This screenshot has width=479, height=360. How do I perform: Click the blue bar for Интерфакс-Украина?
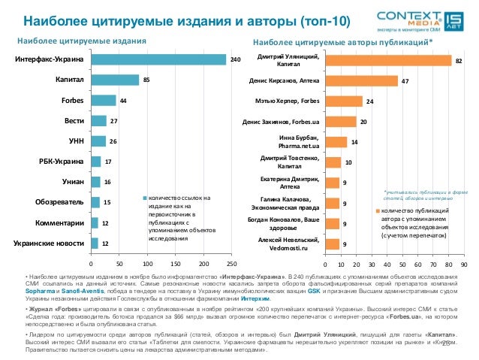(x=158, y=59)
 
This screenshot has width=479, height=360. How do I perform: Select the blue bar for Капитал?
(x=114, y=80)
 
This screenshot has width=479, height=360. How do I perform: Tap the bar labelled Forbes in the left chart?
(x=103, y=100)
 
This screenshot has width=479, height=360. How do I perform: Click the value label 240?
(x=235, y=59)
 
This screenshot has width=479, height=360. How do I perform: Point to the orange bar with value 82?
(x=388, y=60)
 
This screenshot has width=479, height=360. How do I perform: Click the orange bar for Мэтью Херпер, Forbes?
(x=344, y=101)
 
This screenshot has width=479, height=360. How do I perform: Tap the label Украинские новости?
(x=49, y=243)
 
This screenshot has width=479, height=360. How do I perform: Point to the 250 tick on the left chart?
(x=231, y=264)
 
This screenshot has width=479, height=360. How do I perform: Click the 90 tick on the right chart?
(x=464, y=264)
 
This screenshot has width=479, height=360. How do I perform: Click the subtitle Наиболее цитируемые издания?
(x=81, y=41)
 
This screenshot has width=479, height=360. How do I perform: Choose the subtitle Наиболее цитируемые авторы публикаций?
(x=342, y=41)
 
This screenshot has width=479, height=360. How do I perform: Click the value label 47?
(x=405, y=80)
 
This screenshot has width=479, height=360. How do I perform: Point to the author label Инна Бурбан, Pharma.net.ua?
(x=298, y=141)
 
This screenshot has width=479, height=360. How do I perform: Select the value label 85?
(x=146, y=80)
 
